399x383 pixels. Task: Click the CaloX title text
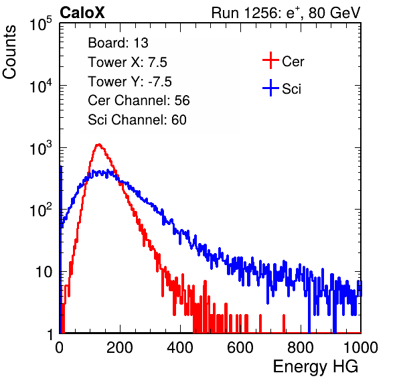pyautogui.click(x=82, y=13)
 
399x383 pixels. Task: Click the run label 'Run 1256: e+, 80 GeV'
pyautogui.click(x=286, y=13)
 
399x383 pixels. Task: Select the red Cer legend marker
pyautogui.click(x=270, y=60)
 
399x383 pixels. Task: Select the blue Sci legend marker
pyautogui.click(x=270, y=88)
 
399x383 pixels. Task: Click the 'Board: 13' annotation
pyautogui.click(x=118, y=43)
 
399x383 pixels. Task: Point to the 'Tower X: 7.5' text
pyautogui.click(x=127, y=62)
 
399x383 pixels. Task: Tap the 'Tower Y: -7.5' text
pyautogui.click(x=130, y=82)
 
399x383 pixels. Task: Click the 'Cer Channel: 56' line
pyautogui.click(x=139, y=100)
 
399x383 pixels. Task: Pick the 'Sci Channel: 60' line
pyautogui.click(x=137, y=120)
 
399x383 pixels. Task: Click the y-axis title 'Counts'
pyautogui.click(x=9, y=52)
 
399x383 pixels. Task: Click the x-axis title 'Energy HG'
pyautogui.click(x=315, y=367)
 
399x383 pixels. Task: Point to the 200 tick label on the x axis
pyautogui.click(x=120, y=347)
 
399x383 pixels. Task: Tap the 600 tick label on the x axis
pyautogui.click(x=240, y=347)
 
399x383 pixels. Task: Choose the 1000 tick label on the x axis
pyautogui.click(x=361, y=347)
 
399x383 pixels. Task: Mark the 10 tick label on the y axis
pyautogui.click(x=44, y=272)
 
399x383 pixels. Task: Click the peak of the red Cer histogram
pyautogui.click(x=98, y=145)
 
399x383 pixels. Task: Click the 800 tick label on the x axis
pyautogui.click(x=301, y=347)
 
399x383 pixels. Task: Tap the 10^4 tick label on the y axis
pyautogui.click(x=41, y=86)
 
